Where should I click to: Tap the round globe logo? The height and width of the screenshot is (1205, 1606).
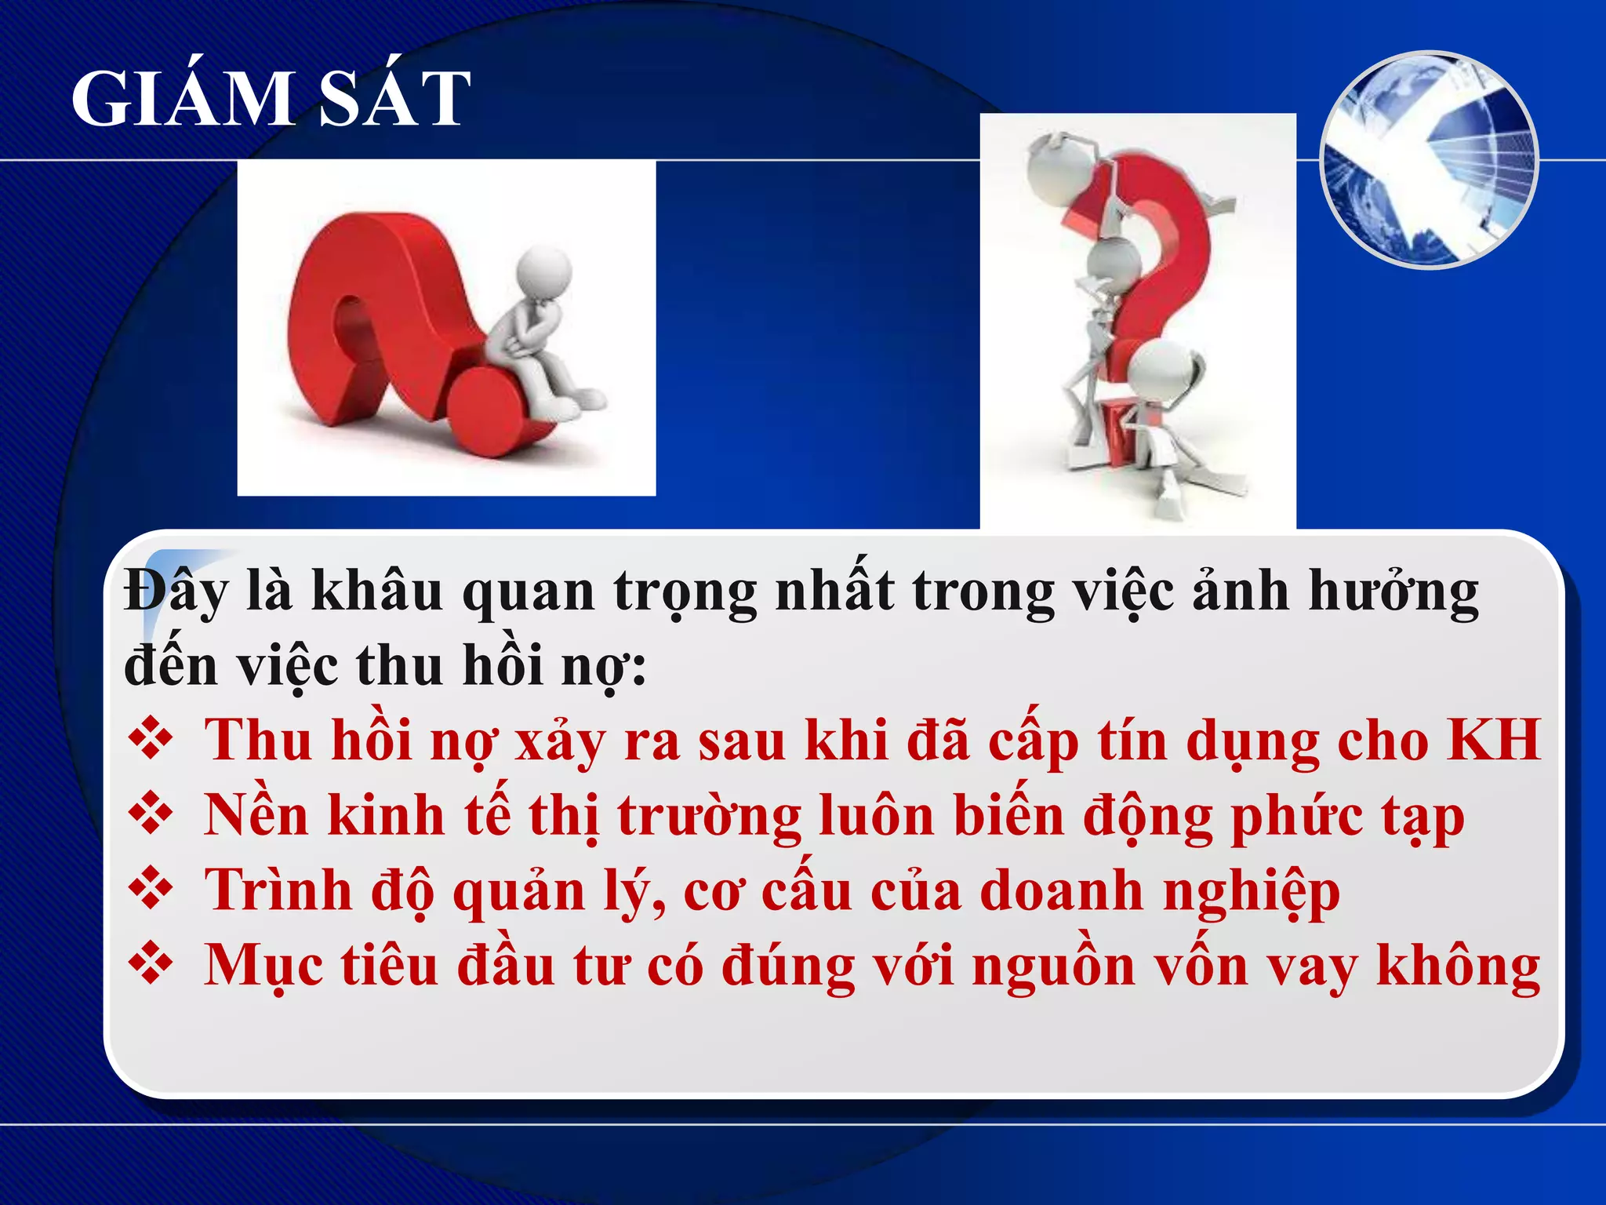pos(1430,160)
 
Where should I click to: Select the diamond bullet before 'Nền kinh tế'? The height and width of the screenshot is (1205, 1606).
pos(151,814)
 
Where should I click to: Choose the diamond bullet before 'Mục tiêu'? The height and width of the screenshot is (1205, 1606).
pos(151,964)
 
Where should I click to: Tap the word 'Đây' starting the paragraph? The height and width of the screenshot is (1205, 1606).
pos(176,590)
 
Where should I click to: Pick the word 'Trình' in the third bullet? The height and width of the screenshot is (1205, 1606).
pos(278,890)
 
